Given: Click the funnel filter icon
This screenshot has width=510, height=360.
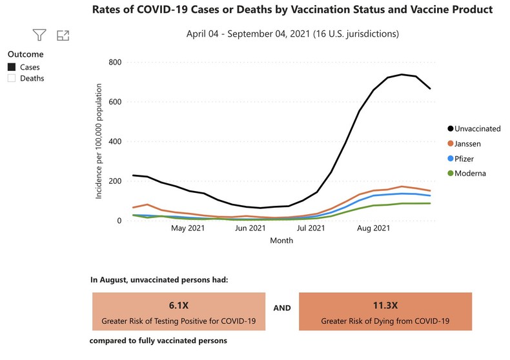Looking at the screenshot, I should click(x=39, y=35).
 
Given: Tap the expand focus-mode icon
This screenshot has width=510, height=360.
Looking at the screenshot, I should click(x=63, y=35).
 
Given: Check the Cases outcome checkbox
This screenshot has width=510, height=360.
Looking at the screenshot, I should click(x=12, y=67).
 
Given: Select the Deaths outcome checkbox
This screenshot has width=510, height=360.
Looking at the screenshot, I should click(x=12, y=79).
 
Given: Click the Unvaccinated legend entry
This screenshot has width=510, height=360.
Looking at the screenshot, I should click(x=477, y=129).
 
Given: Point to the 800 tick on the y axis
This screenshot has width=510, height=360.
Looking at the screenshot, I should click(x=116, y=63).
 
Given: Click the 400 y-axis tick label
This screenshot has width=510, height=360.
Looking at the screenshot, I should click(x=116, y=141).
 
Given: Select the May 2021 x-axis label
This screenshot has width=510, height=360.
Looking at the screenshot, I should click(x=189, y=228).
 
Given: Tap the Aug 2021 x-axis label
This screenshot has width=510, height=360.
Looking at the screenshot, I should click(x=372, y=228).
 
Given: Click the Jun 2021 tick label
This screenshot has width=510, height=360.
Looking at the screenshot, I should click(x=250, y=228).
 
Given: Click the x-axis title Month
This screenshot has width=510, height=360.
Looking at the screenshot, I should click(x=281, y=241).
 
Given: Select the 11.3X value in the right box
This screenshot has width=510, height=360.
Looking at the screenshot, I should click(x=385, y=306).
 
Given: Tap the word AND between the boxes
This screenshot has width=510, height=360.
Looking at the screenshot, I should click(x=282, y=308).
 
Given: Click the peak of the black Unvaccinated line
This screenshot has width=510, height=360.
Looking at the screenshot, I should click(x=402, y=75).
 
